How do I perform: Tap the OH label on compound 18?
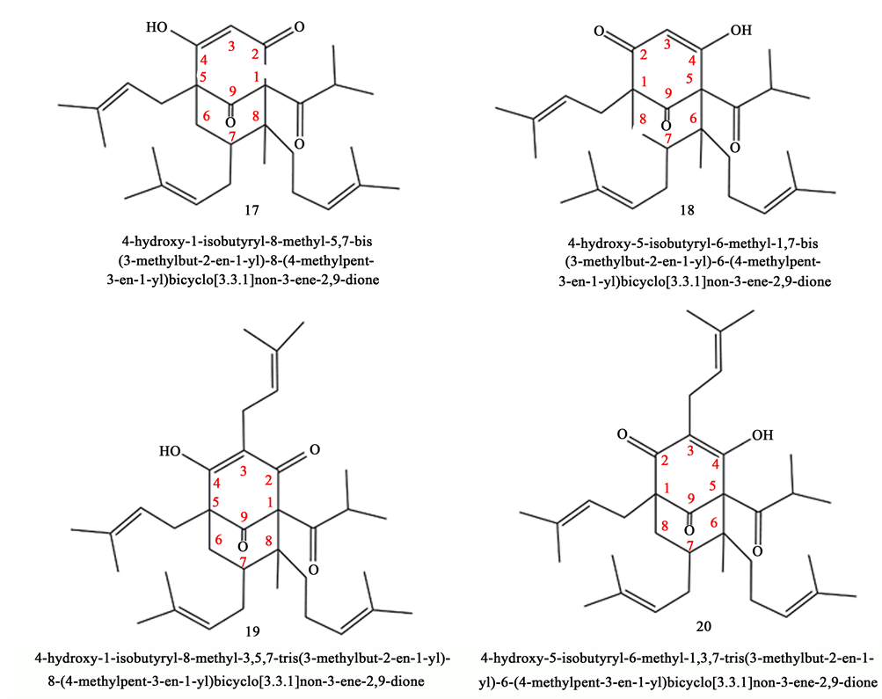click(741, 32)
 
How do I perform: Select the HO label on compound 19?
click(172, 452)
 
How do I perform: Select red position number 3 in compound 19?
click(243, 472)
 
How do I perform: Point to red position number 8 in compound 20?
click(664, 526)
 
